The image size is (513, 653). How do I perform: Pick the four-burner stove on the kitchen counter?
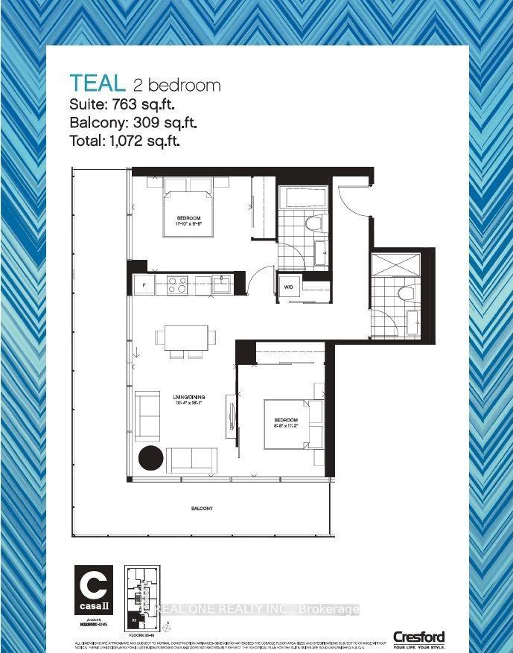click(176, 284)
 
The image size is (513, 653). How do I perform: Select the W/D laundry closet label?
click(287, 286)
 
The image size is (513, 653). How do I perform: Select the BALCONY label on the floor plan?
click(201, 509)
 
